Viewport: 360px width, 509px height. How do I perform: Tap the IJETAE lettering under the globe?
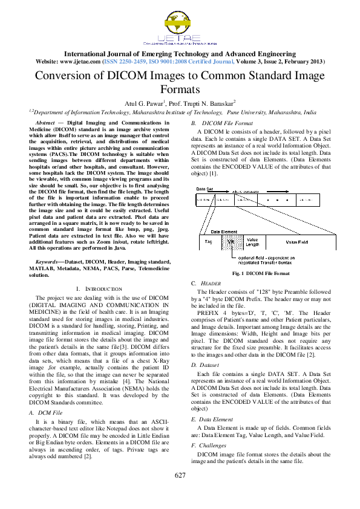point(179,39)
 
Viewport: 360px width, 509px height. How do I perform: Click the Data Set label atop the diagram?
point(204,189)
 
